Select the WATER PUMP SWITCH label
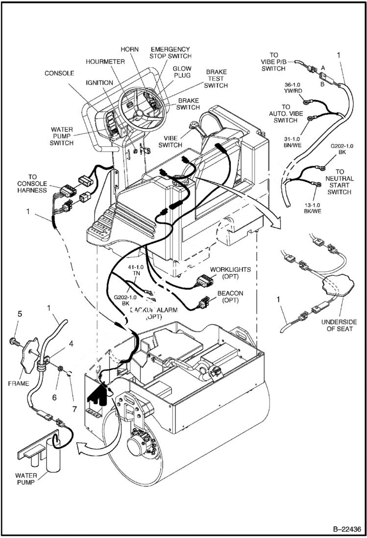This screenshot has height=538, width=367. (x=61, y=136)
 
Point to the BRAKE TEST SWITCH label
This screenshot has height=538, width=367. (x=216, y=78)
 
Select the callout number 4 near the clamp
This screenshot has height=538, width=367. (x=71, y=344)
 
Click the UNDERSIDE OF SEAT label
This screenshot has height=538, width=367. (x=339, y=325)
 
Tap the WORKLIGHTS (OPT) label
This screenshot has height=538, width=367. (x=230, y=273)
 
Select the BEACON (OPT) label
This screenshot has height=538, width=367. (x=230, y=296)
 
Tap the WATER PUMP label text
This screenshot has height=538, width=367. (x=26, y=479)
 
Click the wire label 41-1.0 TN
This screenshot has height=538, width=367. (x=135, y=270)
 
